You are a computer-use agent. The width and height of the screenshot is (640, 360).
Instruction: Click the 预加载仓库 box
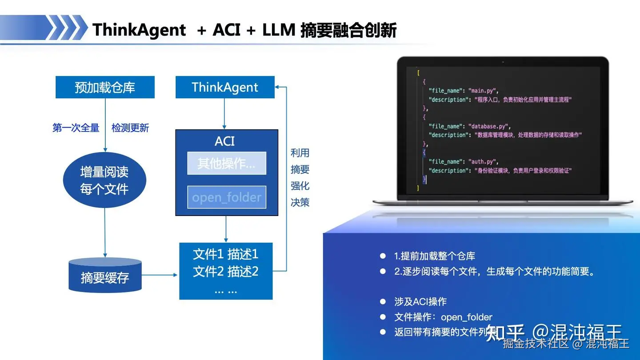(105, 87)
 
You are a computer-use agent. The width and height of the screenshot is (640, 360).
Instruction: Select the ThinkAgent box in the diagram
(225, 87)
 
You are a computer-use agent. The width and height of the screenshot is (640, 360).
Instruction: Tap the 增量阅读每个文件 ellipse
(104, 180)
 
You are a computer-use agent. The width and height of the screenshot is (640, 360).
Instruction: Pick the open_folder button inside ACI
(227, 197)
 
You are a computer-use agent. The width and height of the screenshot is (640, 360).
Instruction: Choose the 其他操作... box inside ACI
(227, 163)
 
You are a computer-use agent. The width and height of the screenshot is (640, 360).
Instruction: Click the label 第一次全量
(76, 128)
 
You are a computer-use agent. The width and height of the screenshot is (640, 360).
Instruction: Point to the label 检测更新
(130, 128)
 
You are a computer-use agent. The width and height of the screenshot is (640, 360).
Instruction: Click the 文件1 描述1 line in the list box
(226, 254)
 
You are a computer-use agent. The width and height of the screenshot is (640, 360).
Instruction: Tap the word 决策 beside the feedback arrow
(300, 202)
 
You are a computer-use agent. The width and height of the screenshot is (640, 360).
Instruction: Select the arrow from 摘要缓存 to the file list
(160, 275)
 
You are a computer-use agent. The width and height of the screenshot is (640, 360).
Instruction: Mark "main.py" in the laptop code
(485, 91)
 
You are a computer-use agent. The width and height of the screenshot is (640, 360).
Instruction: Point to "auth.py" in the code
(485, 162)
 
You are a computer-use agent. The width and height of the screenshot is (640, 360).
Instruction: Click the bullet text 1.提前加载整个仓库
(435, 256)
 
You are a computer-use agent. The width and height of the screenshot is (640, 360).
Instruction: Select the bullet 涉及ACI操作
(420, 302)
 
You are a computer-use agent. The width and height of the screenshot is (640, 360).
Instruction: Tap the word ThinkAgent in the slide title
(139, 30)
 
